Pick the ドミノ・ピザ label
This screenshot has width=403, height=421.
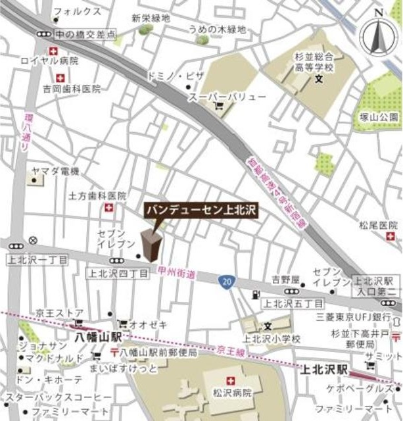176,76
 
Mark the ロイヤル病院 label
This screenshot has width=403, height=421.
49,61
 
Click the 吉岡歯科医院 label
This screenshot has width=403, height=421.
72,89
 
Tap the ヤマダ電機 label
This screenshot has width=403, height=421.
55,171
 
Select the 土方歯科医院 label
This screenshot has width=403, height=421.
97,196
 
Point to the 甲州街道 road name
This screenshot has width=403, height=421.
177,273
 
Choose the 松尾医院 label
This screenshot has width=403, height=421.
376,225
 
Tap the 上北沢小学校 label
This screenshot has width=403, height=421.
272,338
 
